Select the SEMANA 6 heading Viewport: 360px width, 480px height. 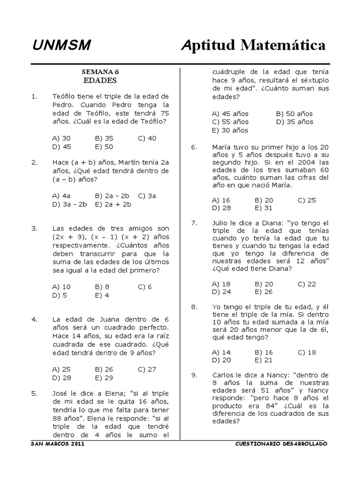(100, 72)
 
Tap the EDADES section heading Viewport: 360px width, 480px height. (100, 80)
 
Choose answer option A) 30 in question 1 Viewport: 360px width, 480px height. (62, 138)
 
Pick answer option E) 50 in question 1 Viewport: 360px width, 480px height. (104, 146)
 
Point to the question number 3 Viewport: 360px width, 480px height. (34, 228)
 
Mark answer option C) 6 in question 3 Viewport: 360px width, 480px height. (145, 287)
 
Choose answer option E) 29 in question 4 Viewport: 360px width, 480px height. (104, 377)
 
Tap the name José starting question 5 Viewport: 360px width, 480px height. (61, 393)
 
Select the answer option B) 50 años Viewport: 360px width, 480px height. (294, 114)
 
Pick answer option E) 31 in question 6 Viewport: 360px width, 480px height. (263, 208)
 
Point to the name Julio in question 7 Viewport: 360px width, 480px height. (221, 223)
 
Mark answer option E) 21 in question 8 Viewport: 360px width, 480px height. (263, 360)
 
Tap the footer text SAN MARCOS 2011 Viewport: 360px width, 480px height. (57, 443)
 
